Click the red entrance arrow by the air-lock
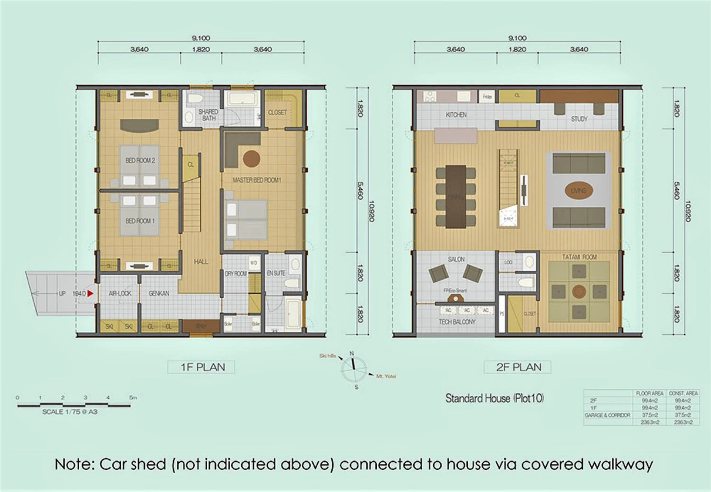90,293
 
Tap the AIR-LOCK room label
120,293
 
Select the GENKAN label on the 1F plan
159,293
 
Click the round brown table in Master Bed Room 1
251,159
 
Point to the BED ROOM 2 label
140,160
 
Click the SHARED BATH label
208,115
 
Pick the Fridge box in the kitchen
487,97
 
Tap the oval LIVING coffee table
578,191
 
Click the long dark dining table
456,197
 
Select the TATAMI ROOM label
579,257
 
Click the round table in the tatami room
579,291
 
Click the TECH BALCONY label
457,322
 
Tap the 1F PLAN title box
201,367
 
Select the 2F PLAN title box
517,367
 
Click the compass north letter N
351,353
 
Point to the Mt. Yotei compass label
386,376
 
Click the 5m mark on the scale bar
133,398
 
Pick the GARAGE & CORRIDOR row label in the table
607,415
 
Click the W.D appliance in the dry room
254,263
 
